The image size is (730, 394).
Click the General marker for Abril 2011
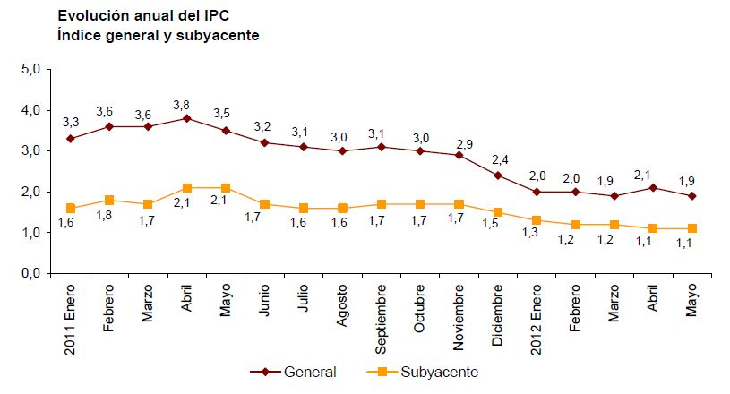point(186,118)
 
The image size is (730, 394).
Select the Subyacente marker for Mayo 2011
point(225,188)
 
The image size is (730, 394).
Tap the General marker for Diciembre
point(497,176)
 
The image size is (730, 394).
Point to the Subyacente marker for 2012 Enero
point(536,220)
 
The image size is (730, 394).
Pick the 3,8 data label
point(186,103)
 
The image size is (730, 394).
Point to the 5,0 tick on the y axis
point(32,69)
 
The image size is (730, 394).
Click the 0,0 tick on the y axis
point(32,273)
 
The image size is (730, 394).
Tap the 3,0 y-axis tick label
point(32,150)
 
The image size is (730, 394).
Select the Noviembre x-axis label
point(459,320)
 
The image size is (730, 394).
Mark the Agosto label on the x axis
point(342,309)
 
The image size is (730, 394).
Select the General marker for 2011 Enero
point(70,139)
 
